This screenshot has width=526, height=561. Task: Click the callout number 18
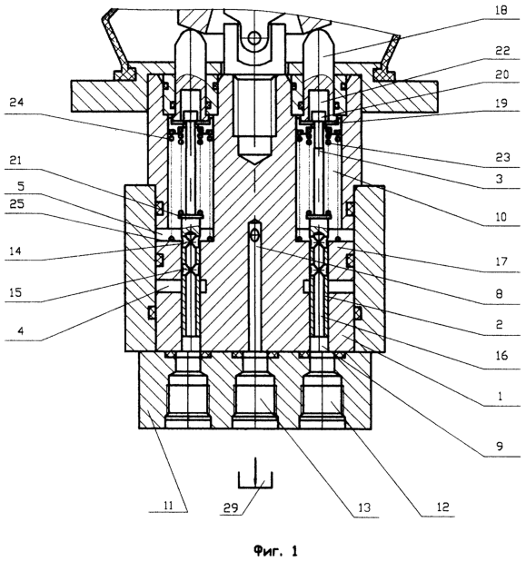501,10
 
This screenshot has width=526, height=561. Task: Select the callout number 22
502,51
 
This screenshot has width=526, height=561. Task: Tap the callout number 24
16,103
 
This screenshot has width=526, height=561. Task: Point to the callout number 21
15,161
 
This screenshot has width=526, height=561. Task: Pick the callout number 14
15,251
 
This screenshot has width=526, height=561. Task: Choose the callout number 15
15,292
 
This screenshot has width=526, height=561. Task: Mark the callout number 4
20,331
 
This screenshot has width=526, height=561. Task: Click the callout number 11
168,506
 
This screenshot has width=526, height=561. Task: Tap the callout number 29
231,507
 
